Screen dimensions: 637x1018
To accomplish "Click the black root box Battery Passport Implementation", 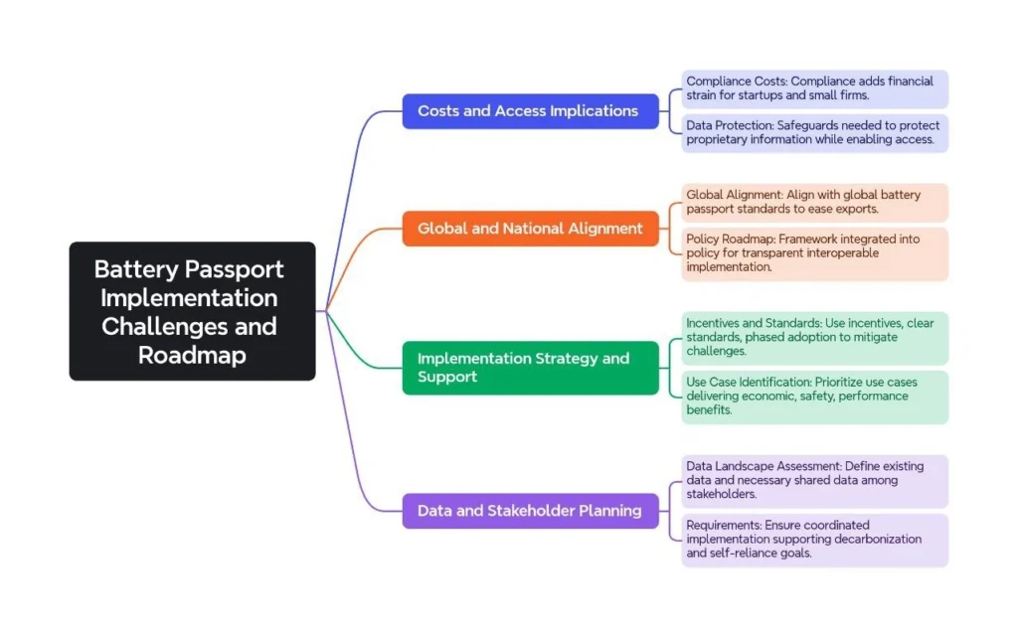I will (192, 311).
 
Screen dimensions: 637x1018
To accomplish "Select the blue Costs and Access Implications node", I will (530, 111).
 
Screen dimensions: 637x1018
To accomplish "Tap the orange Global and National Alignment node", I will (530, 229).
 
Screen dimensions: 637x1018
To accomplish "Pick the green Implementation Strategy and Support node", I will (530, 368).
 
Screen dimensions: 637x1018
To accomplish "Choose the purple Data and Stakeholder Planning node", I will (530, 511).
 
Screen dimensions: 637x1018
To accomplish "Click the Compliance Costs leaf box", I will (814, 88).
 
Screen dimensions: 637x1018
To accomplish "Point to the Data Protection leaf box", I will (814, 133).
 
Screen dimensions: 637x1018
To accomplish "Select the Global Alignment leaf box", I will (814, 202).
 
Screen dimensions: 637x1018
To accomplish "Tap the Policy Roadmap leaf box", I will (814, 253).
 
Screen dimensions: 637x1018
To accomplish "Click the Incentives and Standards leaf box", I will (814, 337).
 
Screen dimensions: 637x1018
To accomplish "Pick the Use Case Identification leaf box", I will (814, 396).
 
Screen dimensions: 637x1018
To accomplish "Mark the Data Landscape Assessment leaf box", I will (814, 480).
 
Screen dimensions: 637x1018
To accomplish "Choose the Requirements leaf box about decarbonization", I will (814, 539).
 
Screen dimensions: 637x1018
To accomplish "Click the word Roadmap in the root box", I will (192, 355).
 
